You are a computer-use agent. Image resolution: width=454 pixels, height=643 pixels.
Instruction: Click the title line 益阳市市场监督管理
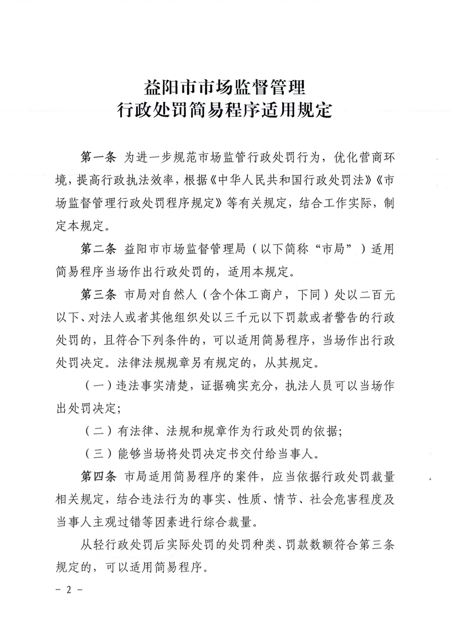pos(227,89)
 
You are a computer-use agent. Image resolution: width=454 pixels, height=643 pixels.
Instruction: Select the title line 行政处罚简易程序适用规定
pos(227,109)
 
